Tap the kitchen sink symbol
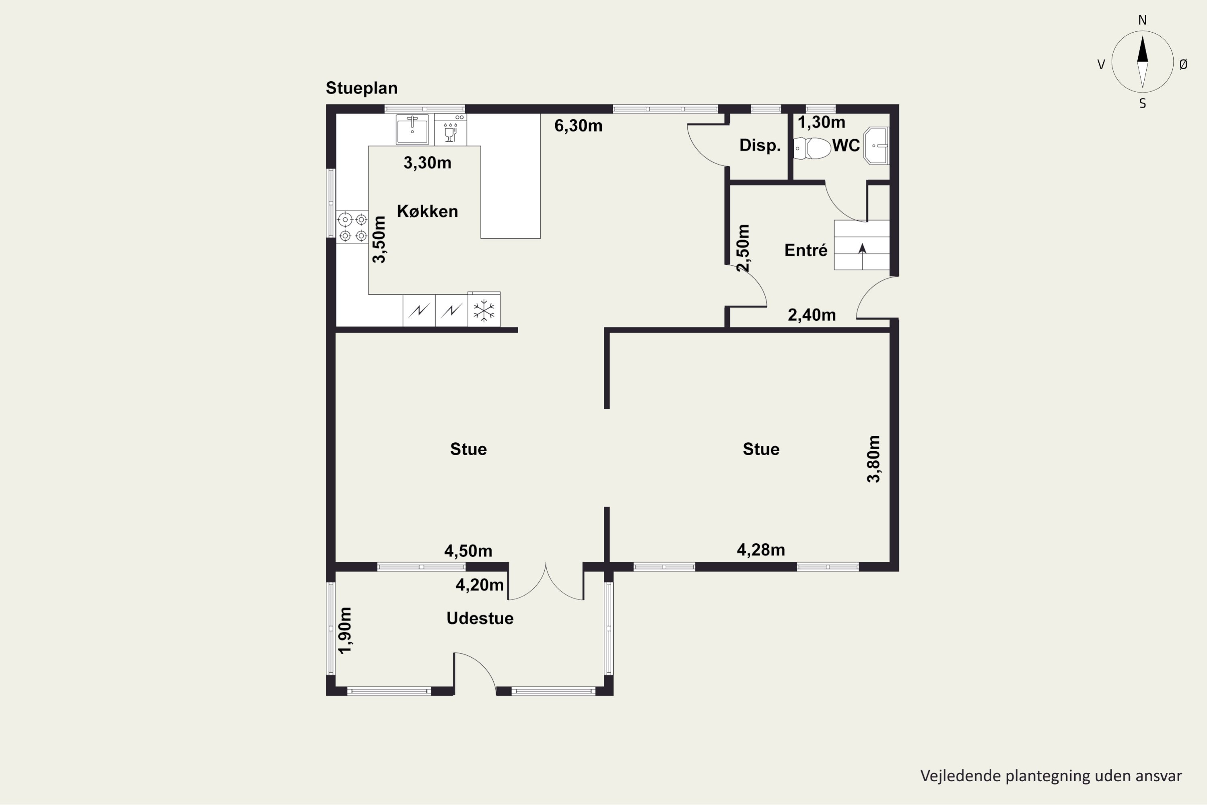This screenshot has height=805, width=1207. [412, 129]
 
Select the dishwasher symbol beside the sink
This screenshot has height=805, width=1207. [451, 129]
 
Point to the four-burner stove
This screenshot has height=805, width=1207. [352, 227]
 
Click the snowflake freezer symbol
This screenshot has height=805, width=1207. [484, 310]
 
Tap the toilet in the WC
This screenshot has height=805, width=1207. [812, 149]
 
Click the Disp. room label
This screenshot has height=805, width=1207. [760, 145]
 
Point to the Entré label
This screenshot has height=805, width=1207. [806, 250]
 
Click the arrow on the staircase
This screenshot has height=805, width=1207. [862, 248]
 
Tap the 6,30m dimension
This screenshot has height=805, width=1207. [579, 126]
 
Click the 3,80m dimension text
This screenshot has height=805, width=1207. [873, 459]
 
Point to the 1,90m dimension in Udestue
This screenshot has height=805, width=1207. [345, 630]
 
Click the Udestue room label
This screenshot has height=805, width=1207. [480, 618]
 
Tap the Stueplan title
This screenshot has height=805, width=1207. [362, 88]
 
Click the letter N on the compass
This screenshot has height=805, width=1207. [1142, 20]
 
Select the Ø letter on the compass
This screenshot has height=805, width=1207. [1183, 64]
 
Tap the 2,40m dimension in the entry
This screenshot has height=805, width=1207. [812, 315]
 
